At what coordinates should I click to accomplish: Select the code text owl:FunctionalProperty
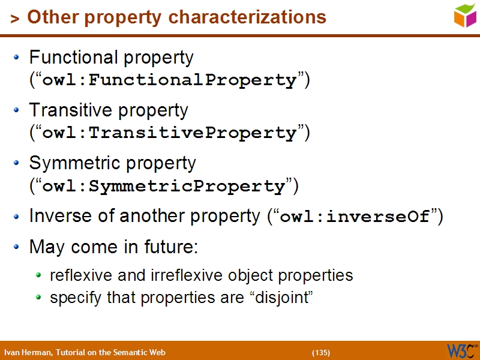click(170, 80)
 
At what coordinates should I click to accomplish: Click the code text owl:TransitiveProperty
click(170, 133)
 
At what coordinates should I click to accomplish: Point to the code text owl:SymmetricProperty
click(164, 186)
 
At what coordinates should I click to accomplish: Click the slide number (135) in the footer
click(321, 352)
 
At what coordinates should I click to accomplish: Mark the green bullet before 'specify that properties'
click(39, 297)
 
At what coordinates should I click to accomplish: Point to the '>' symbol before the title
click(14, 19)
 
